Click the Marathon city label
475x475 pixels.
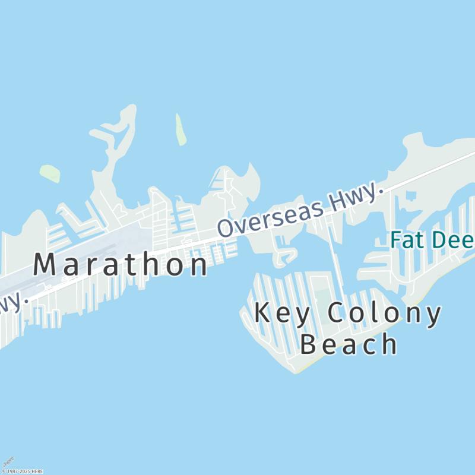click(121, 264)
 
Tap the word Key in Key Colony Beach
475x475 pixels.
click(283, 313)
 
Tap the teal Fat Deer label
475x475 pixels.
click(432, 240)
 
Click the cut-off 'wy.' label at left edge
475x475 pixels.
click(13, 302)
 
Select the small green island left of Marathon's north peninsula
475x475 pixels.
click(50, 173)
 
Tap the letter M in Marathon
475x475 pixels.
click(46, 264)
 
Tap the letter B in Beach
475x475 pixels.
click(309, 344)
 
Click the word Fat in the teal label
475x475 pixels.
click(403, 240)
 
